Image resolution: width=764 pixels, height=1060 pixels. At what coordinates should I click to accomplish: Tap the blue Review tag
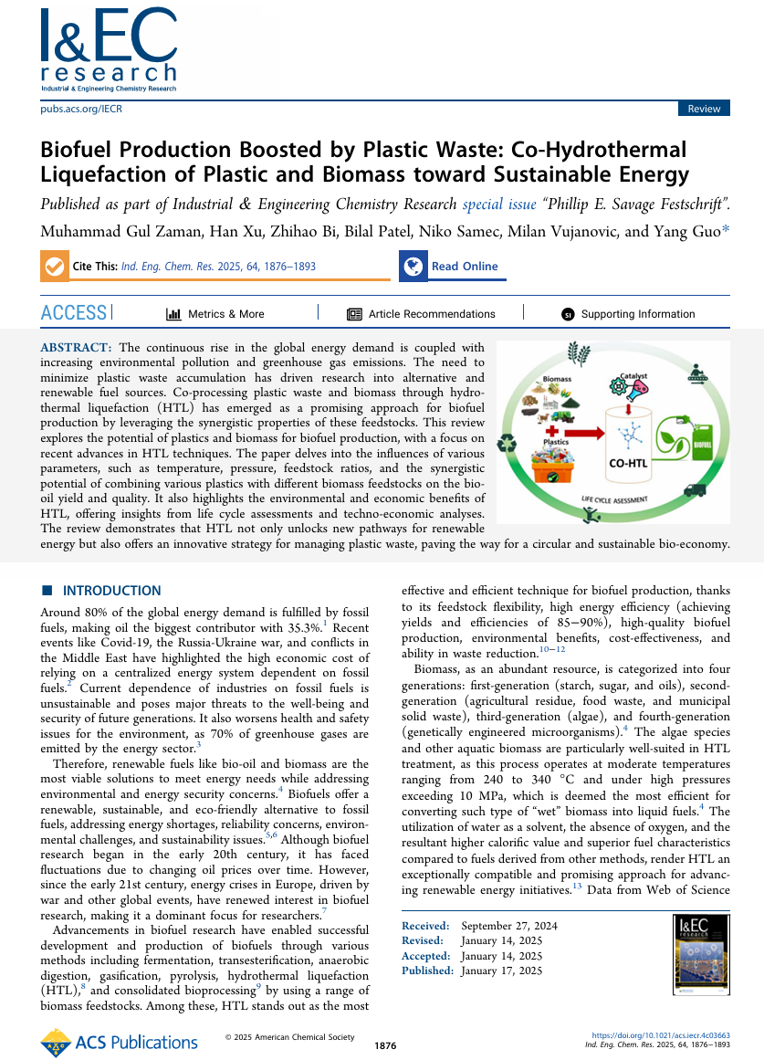tap(704, 109)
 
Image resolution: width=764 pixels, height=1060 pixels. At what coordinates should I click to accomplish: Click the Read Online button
tap(465, 267)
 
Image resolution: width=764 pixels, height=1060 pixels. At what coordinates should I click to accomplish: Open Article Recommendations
tap(431, 314)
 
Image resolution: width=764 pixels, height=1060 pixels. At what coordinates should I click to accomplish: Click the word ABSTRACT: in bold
tap(77, 348)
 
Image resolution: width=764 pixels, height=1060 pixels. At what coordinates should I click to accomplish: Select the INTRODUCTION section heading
tap(111, 591)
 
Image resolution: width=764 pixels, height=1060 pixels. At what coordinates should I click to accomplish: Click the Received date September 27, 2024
tap(522, 926)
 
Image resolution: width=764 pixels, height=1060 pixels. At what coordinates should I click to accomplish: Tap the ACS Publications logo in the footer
tap(120, 1042)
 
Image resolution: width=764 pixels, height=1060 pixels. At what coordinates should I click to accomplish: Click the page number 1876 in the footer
tap(385, 1045)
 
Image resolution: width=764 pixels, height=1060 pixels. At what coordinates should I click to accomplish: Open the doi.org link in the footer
tap(675, 1036)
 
